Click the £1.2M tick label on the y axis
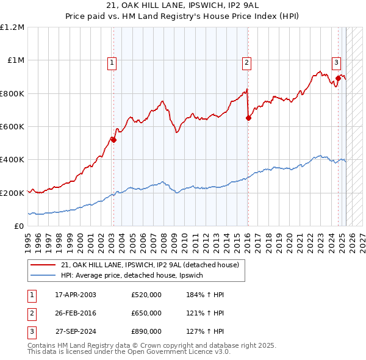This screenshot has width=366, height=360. click(x=13, y=27)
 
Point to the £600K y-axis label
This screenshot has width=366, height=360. click(x=13, y=126)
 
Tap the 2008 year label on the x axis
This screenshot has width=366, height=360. click(x=163, y=238)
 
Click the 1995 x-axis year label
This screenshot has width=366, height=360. click(x=28, y=238)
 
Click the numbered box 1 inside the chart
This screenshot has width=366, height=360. click(x=113, y=62)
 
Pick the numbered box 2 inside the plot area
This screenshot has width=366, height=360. click(x=246, y=62)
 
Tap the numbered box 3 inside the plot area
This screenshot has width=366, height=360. click(x=336, y=62)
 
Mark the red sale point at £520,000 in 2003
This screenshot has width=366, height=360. click(x=113, y=140)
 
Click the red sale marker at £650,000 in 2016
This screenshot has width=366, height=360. click(x=248, y=118)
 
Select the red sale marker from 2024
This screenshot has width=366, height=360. click(x=338, y=78)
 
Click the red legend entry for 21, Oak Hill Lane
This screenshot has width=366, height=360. click(x=152, y=265)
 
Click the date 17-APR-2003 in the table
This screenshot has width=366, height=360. click(x=76, y=295)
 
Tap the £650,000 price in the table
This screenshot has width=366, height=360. click(x=146, y=314)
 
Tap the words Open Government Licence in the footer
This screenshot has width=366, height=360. click(x=170, y=352)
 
